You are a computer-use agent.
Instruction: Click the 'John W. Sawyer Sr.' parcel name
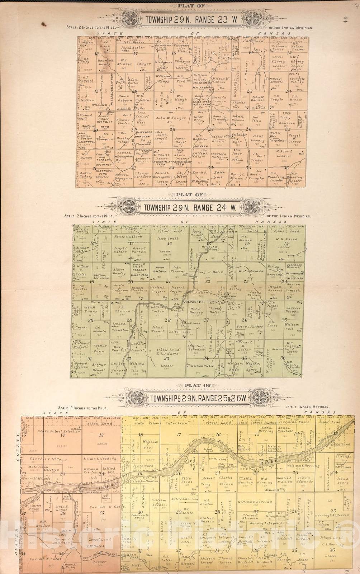pyautogui.click(x=171, y=119)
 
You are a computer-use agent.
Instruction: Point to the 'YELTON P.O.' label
pyautogui.click(x=189, y=303)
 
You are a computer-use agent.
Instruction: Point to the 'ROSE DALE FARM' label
pyautogui.click(x=104, y=124)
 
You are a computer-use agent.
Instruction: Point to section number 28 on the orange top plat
pyautogui.click(x=173, y=130)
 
